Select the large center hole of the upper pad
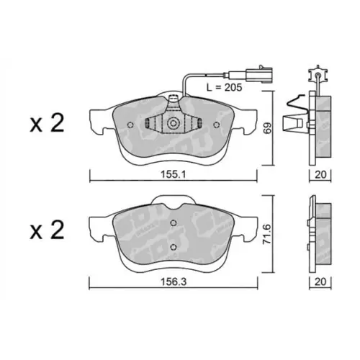(173, 124)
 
